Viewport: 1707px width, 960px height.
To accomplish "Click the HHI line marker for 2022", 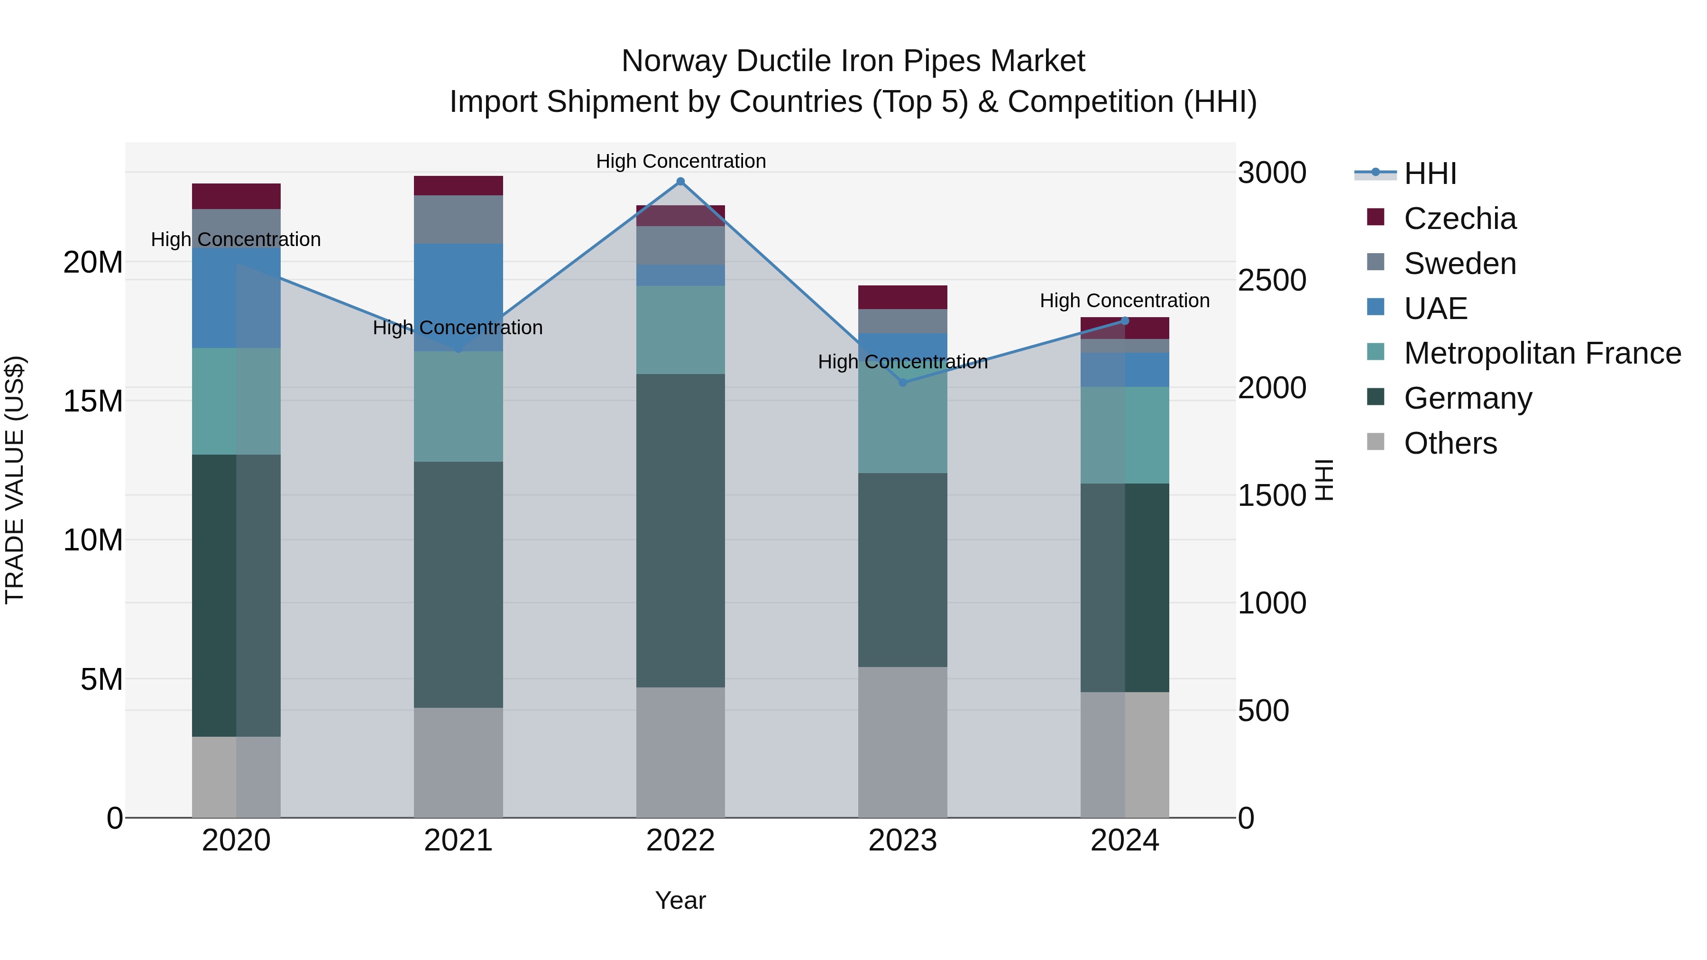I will [x=680, y=182].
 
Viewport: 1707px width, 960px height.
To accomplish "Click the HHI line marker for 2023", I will [x=902, y=382].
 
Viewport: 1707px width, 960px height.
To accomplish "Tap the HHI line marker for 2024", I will [x=1125, y=320].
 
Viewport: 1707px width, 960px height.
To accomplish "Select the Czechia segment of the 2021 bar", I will [x=458, y=185].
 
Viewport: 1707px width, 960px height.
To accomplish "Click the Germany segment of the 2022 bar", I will [x=680, y=530].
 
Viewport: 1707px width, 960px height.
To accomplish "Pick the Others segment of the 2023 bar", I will [x=902, y=742].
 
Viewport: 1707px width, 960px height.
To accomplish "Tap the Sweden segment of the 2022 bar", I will [x=680, y=245].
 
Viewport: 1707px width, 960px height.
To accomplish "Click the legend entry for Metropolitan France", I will [x=1542, y=353].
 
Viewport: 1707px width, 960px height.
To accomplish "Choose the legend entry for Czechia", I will [x=1460, y=219].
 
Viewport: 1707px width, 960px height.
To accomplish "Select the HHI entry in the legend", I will [x=1430, y=174].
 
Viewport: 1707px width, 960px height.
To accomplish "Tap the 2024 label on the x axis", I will [x=1125, y=841].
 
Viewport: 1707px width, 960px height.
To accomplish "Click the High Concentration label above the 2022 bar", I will [x=680, y=161].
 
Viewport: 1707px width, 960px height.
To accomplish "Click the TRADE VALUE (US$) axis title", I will [x=15, y=480].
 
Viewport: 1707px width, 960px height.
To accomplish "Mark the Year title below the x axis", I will [x=680, y=900].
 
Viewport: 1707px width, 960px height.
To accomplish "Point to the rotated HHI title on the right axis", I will [x=1324, y=480].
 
